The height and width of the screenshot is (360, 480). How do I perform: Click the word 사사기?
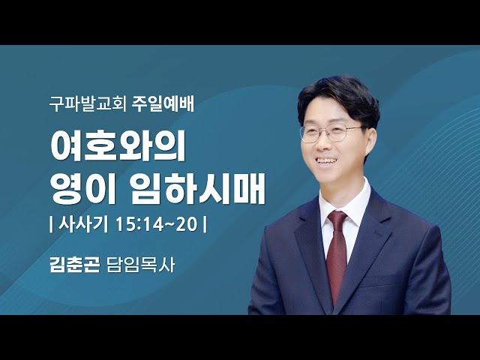pyautogui.click(x=79, y=225)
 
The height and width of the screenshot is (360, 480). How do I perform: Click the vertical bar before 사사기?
pyautogui.click(x=50, y=225)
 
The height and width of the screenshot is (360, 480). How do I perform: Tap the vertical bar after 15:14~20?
pyautogui.click(x=205, y=225)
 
